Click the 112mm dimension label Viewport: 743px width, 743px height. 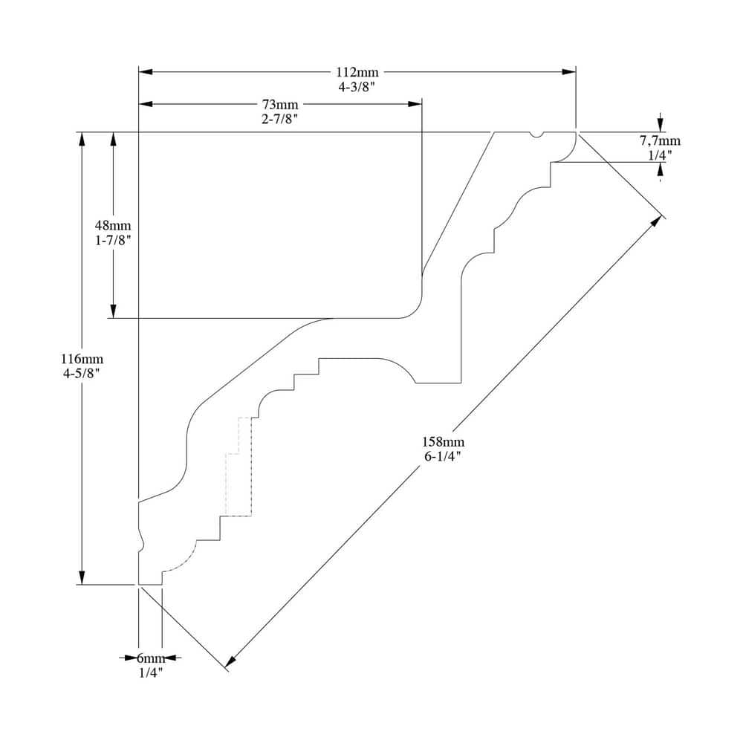click(357, 72)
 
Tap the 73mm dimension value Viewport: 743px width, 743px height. click(280, 104)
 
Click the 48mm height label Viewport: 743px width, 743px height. click(113, 225)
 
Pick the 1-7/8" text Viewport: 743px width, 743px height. click(113, 240)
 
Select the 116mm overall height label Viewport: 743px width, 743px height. click(82, 359)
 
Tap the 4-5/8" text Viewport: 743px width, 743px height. click(82, 374)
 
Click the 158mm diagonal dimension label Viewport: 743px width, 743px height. click(443, 442)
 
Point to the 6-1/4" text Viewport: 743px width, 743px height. click(443, 457)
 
